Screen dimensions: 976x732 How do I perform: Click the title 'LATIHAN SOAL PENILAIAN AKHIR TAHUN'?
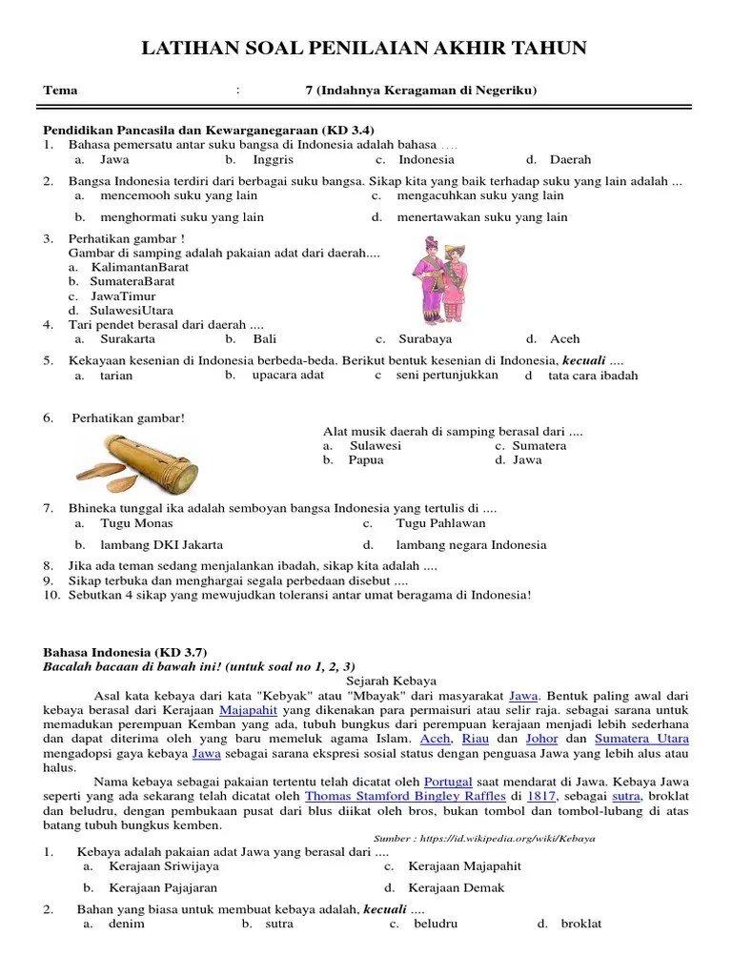[x=365, y=49]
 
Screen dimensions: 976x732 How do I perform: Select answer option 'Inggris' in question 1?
[x=273, y=160]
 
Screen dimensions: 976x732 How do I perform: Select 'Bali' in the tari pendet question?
[x=264, y=338]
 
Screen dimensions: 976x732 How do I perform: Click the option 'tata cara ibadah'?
[x=592, y=376]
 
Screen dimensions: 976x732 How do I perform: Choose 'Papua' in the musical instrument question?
[x=366, y=459]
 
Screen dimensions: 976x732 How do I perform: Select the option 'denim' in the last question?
[x=127, y=924]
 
